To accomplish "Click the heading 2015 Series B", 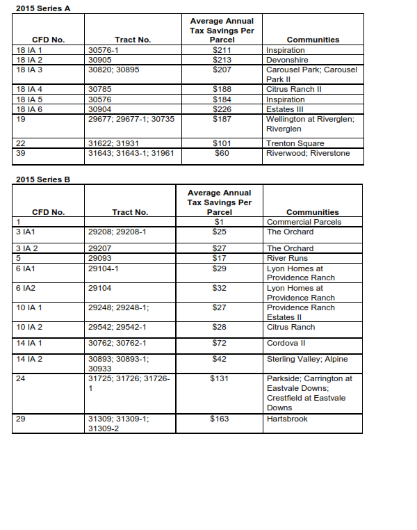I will (42, 179).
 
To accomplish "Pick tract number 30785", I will (101, 89).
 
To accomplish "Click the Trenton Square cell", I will (295, 143).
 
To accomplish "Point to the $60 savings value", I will (222, 153).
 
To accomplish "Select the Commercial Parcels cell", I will (304, 222).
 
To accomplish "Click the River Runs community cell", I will (288, 258).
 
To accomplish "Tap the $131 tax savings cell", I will (220, 378).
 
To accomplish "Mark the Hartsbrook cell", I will (287, 419).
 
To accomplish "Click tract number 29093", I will (101, 258).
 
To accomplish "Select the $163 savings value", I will (220, 419).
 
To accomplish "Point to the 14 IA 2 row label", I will (28, 359).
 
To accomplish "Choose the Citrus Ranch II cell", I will (294, 89).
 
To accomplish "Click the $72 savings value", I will (220, 343).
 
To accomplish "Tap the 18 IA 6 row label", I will (28, 109).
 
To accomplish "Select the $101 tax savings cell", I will (222, 143).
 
